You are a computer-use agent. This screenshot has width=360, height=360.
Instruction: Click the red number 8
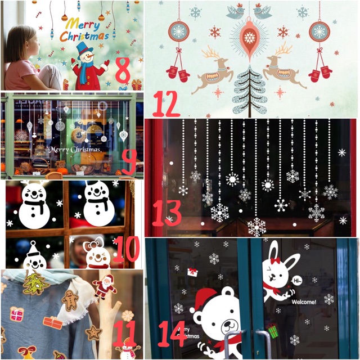[x=123, y=69]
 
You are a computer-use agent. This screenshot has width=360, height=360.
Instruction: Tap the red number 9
[x=129, y=160]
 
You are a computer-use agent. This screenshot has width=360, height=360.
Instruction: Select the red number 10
[x=126, y=250]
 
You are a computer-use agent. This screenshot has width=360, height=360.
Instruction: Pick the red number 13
[x=166, y=213]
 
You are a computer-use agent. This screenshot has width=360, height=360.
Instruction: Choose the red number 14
[x=172, y=333]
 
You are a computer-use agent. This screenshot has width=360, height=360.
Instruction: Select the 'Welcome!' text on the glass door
[x=304, y=301]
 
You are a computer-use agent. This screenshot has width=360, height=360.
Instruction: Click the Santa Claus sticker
[x=104, y=286]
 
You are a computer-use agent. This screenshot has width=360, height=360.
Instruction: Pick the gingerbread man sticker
[x=70, y=300]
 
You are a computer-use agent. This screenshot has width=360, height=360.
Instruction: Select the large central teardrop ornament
[x=249, y=37]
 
